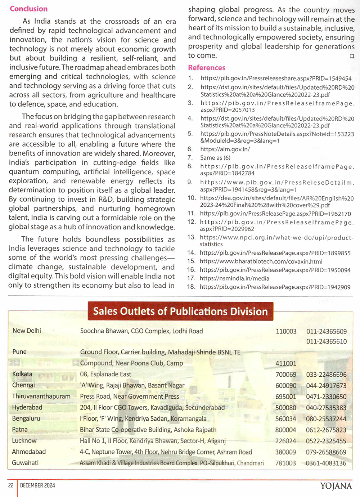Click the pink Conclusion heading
pos(28,9)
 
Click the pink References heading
pos(207,68)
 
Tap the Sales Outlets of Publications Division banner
pos(180,311)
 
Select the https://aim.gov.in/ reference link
pos(225,149)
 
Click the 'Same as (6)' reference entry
pos(215,158)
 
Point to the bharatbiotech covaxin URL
pos(261,261)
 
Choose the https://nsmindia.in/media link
pos(234,278)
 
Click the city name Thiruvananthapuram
pos(41,396)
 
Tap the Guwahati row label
pos(25,463)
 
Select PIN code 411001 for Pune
pos(286,364)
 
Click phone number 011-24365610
pos(327,341)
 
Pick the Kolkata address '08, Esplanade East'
pos(105,374)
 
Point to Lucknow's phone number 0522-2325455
pos(326,441)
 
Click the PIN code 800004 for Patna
pos(285,430)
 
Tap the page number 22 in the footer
pos(11,485)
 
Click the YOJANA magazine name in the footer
pos(336,486)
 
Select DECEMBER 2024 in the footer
pos(37,485)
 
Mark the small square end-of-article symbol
pos(352,56)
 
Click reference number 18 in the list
pos(191,287)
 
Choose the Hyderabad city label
pos(27,407)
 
